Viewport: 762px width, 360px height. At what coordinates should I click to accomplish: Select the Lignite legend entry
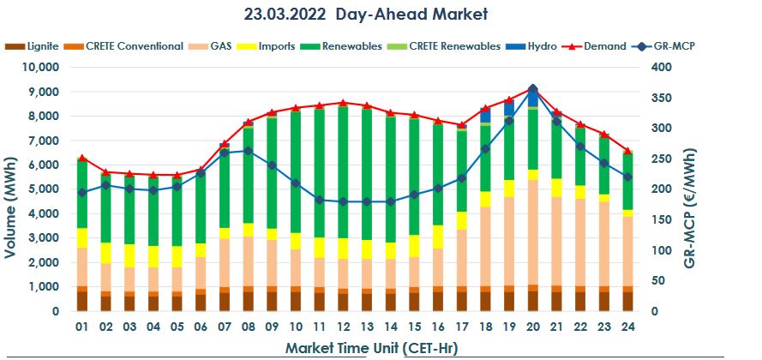click(x=34, y=45)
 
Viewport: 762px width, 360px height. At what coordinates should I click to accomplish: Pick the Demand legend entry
click(x=605, y=45)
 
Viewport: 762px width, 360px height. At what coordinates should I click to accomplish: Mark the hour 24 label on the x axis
click(x=627, y=327)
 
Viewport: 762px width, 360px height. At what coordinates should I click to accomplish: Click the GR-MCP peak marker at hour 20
click(x=532, y=89)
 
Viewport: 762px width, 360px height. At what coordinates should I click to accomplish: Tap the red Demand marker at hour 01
click(x=82, y=158)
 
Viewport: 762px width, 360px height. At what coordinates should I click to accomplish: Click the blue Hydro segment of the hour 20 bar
click(x=532, y=98)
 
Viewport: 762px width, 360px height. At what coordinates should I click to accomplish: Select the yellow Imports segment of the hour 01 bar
click(x=82, y=237)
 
